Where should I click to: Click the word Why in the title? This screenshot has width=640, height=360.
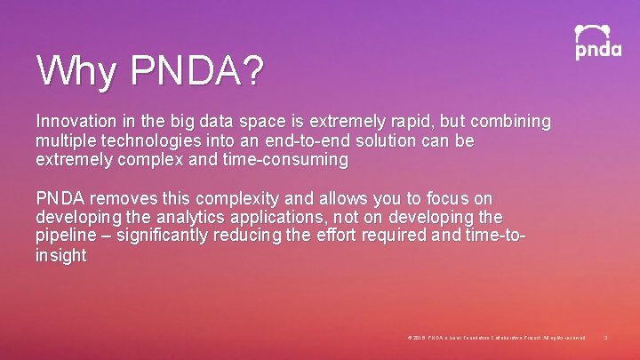click(x=76, y=70)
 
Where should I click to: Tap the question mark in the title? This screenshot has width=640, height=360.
click(x=252, y=70)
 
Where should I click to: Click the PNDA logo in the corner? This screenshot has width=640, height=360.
click(x=597, y=42)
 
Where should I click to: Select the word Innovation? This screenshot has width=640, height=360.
click(x=76, y=121)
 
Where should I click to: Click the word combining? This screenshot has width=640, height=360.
click(x=516, y=121)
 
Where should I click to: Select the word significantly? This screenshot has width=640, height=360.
click(x=167, y=236)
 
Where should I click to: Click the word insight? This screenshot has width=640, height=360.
click(x=60, y=256)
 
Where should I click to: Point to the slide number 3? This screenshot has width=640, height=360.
click(x=605, y=338)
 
